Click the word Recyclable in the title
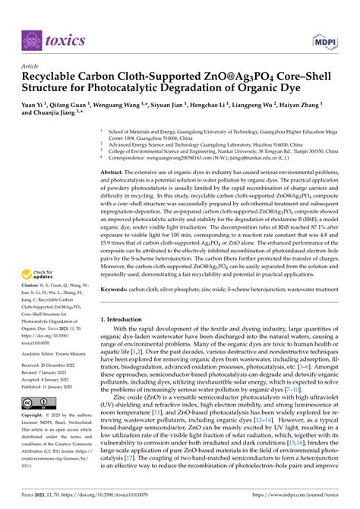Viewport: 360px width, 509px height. [x=52, y=77]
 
